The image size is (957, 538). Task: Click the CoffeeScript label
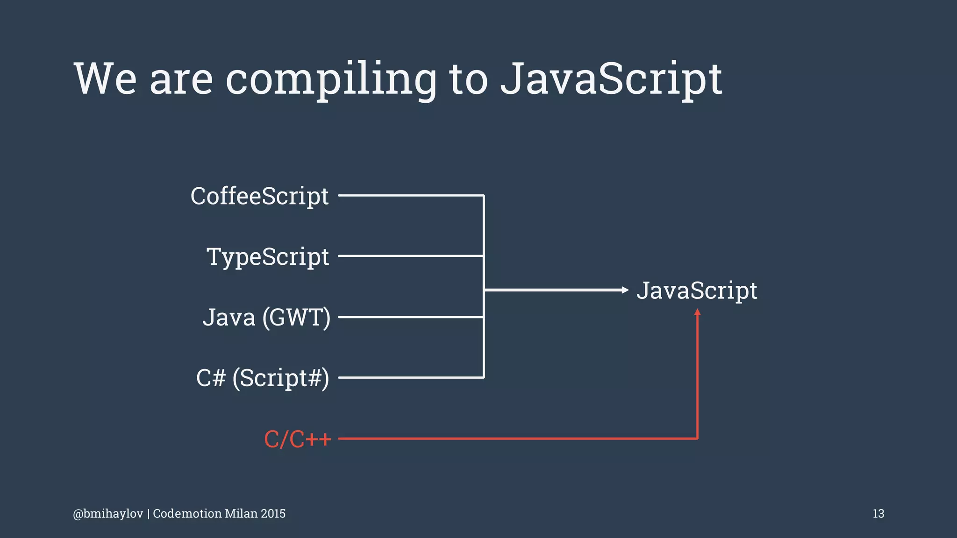(259, 196)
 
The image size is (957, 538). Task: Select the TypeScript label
(268, 257)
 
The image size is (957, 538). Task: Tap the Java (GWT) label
(266, 318)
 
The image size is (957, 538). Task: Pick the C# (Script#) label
(263, 378)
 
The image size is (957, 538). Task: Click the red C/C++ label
(298, 439)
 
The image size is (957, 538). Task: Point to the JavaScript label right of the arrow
(696, 290)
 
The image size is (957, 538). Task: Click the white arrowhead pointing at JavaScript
(625, 290)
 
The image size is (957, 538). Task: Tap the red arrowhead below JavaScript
(697, 312)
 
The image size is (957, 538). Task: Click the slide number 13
(878, 514)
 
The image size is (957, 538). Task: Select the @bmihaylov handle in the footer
(108, 514)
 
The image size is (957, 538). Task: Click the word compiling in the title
(331, 79)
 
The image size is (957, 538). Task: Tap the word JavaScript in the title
(611, 79)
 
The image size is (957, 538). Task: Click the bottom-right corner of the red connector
(697, 439)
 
